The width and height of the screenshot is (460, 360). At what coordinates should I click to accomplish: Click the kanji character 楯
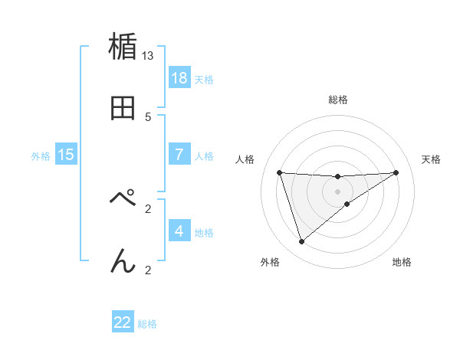click(123, 47)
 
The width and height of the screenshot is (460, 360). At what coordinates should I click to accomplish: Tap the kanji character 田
click(123, 108)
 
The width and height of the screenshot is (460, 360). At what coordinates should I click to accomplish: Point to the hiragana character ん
click(123, 261)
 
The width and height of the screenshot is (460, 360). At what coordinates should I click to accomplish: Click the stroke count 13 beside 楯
click(148, 55)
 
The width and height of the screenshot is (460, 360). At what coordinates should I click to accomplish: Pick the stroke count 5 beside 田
click(148, 116)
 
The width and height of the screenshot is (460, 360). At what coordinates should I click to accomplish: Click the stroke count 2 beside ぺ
click(148, 208)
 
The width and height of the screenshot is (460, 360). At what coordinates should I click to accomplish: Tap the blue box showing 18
click(179, 78)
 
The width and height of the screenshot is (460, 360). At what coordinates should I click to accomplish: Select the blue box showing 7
click(179, 155)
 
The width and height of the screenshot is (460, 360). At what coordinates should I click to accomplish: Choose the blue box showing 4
click(179, 231)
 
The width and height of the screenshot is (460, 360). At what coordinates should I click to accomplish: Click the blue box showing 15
click(66, 155)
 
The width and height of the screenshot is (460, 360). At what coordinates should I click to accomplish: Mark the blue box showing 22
click(123, 322)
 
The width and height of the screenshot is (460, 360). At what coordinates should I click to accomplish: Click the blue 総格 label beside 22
click(147, 324)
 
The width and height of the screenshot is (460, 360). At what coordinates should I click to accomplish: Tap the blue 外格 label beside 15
click(41, 156)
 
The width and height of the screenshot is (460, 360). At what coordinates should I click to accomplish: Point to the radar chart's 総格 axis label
click(337, 100)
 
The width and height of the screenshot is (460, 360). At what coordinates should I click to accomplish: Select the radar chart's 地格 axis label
click(402, 262)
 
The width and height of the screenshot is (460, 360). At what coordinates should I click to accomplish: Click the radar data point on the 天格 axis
click(396, 172)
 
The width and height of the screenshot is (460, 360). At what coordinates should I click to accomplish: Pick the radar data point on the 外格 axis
click(301, 242)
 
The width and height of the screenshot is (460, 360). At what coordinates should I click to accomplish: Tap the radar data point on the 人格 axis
click(280, 172)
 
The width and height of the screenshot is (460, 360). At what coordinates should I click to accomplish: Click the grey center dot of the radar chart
click(337, 191)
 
